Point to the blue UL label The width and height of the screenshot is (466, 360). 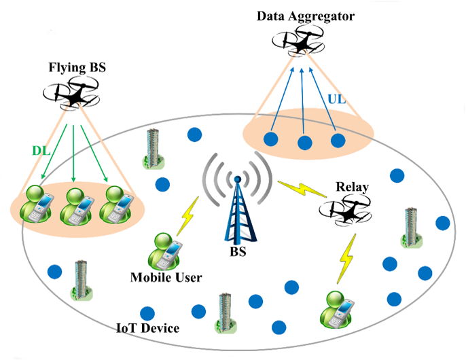[336, 100]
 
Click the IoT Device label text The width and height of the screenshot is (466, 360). [147, 329]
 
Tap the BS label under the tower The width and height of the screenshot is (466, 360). [237, 253]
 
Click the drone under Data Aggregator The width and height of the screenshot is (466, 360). [300, 44]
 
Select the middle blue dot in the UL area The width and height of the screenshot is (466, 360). [304, 143]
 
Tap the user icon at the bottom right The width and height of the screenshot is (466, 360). [335, 308]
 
